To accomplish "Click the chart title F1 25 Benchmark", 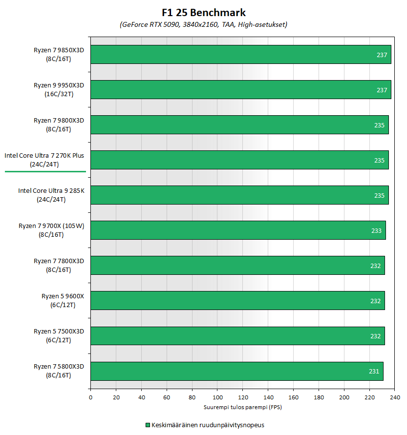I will [x=204, y=13].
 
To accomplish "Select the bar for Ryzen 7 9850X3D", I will [x=240, y=55].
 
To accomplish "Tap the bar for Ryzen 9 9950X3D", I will [x=240, y=90].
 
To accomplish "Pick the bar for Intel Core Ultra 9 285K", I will [x=239, y=195].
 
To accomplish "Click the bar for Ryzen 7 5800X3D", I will [x=236, y=371].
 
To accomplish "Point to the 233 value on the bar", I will [x=376, y=230].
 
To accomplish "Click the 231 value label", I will [x=374, y=371].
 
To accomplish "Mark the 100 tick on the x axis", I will [x=217, y=397].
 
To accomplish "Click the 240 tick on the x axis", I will [x=395, y=397].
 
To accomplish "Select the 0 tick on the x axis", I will [x=90, y=397].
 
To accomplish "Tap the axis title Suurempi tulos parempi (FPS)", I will [x=242, y=407].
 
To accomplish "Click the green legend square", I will [x=148, y=425].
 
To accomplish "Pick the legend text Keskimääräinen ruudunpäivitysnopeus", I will [x=208, y=425].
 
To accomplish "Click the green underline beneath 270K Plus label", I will [x=45, y=172].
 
